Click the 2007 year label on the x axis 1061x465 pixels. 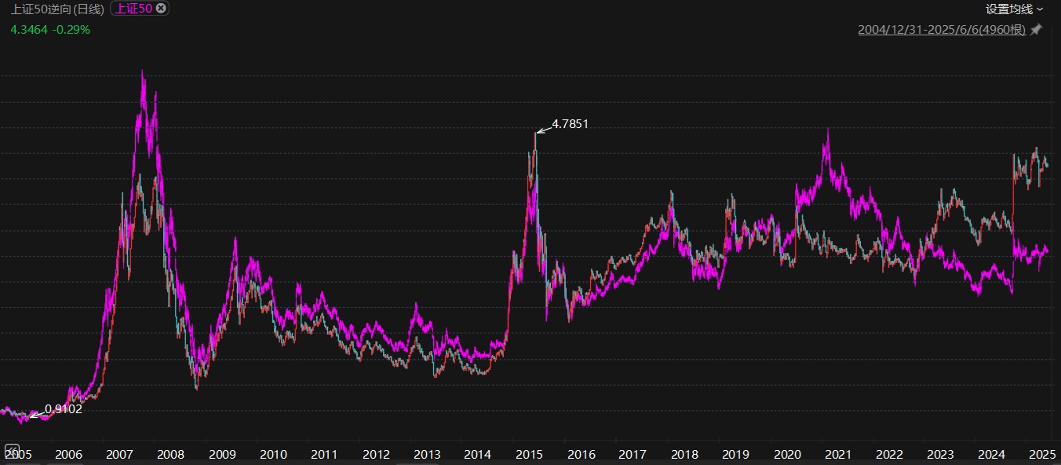(119, 454)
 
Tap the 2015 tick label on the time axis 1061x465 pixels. (530, 454)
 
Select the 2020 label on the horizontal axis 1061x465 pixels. (787, 454)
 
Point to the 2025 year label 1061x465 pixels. (1043, 454)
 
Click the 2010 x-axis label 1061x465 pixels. (273, 454)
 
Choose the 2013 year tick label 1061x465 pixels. (427, 454)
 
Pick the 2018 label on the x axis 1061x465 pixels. (684, 454)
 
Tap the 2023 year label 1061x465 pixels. (940, 454)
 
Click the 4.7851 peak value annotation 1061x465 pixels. (571, 123)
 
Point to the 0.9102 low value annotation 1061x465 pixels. (64, 408)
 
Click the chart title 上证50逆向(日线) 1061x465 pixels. (57, 9)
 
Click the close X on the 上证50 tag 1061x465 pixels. (161, 9)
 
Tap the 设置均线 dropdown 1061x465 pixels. (1015, 9)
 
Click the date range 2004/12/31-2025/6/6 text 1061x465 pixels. (942, 30)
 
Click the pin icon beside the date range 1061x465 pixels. (1036, 30)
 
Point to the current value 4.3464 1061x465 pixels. (29, 30)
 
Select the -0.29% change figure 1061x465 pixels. (71, 30)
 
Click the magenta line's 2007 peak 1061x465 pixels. (142, 71)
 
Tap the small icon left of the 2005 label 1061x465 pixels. (11, 450)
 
